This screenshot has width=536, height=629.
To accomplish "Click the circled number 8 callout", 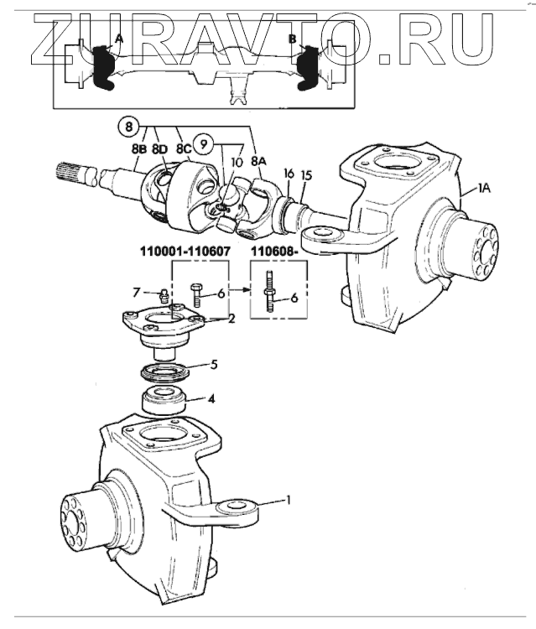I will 127,128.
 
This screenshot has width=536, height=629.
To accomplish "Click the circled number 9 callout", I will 204,143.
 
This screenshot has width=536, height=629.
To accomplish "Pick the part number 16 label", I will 288,173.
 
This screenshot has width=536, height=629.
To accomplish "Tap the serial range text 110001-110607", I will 184,251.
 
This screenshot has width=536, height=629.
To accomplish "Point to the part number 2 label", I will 232,319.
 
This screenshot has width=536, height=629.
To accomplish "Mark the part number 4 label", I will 211,399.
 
